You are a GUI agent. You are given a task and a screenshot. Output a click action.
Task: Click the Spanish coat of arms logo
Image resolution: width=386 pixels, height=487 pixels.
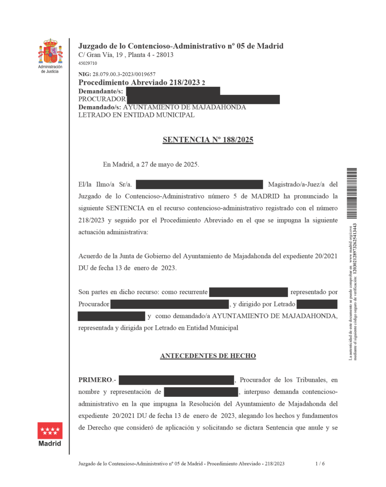[50, 52]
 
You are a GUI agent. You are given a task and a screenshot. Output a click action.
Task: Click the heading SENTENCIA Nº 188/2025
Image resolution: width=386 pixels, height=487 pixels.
[208, 140]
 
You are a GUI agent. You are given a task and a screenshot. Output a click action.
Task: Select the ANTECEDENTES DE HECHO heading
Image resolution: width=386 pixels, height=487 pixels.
[208, 356]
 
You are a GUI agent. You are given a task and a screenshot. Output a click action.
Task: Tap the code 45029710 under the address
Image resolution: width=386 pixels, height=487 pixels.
[88, 63]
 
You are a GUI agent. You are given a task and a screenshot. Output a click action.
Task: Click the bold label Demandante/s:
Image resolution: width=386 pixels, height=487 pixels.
[100, 91]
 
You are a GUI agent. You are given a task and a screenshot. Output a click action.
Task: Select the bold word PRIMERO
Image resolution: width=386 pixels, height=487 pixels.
[95, 380]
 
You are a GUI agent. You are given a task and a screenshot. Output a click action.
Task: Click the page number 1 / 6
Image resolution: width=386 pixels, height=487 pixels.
[320, 464]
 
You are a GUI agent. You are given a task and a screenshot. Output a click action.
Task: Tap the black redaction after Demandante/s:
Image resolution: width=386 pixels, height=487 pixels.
[173, 91]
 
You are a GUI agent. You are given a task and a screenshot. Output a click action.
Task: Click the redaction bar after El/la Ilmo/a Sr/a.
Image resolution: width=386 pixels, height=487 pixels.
[199, 185]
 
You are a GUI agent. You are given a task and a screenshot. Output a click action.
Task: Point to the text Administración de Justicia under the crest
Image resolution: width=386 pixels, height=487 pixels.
[50, 69]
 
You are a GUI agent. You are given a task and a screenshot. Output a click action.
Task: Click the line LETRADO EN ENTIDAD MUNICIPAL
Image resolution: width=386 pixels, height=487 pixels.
[136, 115]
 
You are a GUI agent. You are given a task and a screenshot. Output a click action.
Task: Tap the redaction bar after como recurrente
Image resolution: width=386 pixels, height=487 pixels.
[249, 292]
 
